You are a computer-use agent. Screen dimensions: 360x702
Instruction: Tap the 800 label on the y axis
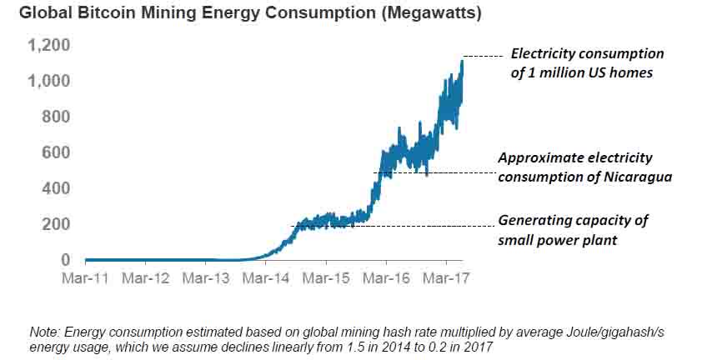(x=57, y=117)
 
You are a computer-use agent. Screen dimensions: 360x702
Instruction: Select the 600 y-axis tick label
(x=57, y=152)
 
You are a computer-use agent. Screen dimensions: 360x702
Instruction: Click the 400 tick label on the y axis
(x=57, y=188)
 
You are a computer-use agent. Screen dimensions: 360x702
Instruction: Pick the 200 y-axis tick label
(x=57, y=224)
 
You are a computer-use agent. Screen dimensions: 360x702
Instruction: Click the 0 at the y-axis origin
(x=65, y=260)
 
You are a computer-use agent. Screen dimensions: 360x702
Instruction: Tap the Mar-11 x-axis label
(x=85, y=277)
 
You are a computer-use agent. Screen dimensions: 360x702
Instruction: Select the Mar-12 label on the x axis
(x=145, y=277)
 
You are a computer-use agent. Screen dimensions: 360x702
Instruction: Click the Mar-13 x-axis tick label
(x=205, y=277)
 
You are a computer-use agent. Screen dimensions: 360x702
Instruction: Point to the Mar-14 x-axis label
(x=265, y=277)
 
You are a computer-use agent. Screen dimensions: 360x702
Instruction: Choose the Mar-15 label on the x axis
(x=325, y=277)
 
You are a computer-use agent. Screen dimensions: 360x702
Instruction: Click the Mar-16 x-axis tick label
(x=385, y=277)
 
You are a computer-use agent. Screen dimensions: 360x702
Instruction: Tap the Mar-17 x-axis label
(x=445, y=277)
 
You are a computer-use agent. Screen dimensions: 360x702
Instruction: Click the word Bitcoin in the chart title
(x=98, y=14)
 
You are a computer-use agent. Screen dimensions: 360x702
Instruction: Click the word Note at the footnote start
(x=43, y=332)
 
